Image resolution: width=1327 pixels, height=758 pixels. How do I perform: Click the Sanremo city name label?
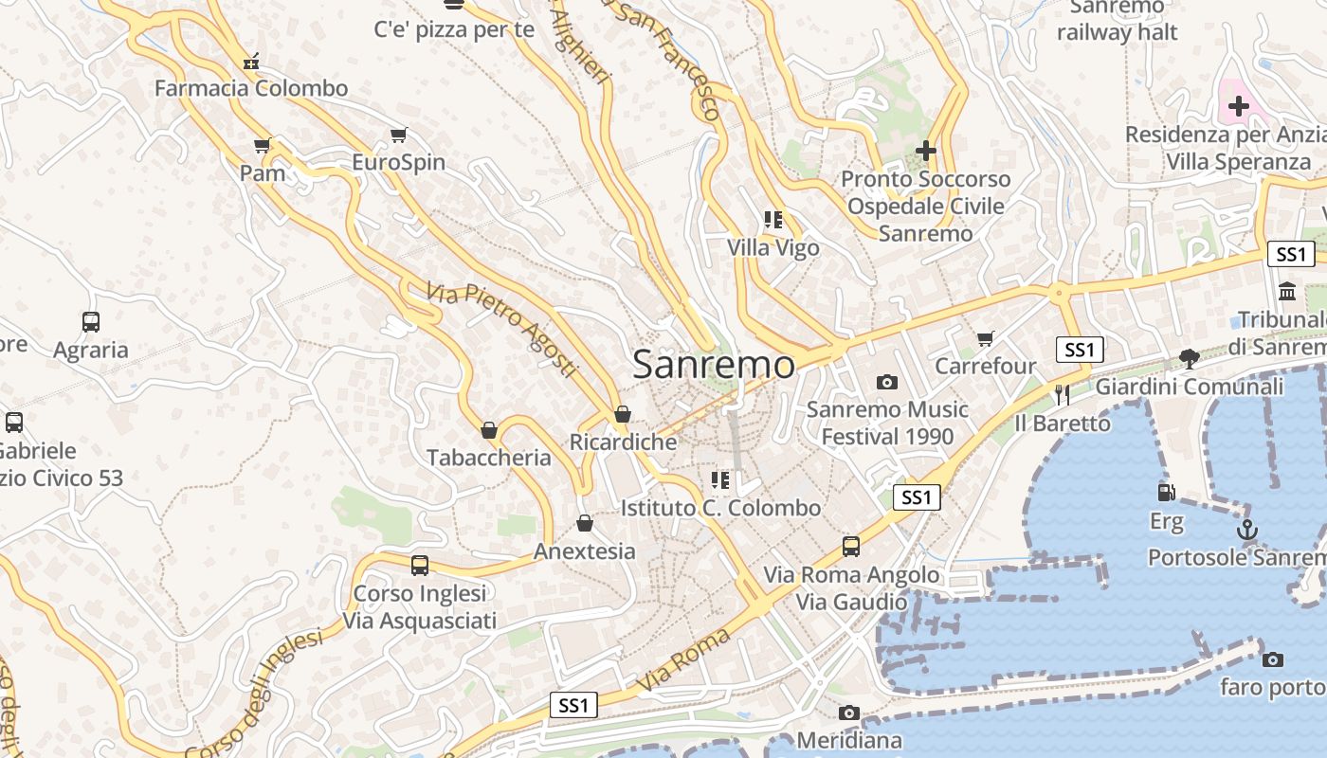click(713, 365)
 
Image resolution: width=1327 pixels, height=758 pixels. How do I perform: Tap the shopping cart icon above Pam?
click(263, 146)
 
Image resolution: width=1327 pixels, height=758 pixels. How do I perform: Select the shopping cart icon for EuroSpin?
click(399, 135)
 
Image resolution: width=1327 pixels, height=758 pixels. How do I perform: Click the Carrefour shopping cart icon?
click(986, 338)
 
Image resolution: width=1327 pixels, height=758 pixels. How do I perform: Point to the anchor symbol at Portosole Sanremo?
click(1248, 530)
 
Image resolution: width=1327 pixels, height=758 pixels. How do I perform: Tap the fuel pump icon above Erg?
click(1166, 492)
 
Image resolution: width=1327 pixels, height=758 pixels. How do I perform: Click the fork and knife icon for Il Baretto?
click(1063, 395)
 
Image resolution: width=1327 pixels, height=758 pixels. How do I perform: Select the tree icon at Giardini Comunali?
click(1189, 358)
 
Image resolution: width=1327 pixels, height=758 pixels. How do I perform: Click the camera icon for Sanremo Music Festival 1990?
click(887, 382)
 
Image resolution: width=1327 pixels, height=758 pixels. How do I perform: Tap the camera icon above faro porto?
click(1273, 659)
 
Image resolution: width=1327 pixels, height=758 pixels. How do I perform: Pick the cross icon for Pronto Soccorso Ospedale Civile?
click(926, 151)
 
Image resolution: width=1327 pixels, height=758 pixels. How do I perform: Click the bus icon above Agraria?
click(91, 322)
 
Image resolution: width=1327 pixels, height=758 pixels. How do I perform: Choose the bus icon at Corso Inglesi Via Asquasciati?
click(420, 566)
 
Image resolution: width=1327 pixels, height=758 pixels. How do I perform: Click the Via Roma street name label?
click(683, 659)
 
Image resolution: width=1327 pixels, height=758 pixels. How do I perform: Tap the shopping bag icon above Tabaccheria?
click(489, 430)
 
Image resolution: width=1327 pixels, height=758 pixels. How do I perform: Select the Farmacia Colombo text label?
click(251, 88)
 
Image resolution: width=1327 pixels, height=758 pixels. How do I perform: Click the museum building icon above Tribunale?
click(1287, 291)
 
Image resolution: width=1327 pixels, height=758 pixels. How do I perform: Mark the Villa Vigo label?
click(773, 248)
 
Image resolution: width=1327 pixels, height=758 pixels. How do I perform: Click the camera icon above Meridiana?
click(849, 713)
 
